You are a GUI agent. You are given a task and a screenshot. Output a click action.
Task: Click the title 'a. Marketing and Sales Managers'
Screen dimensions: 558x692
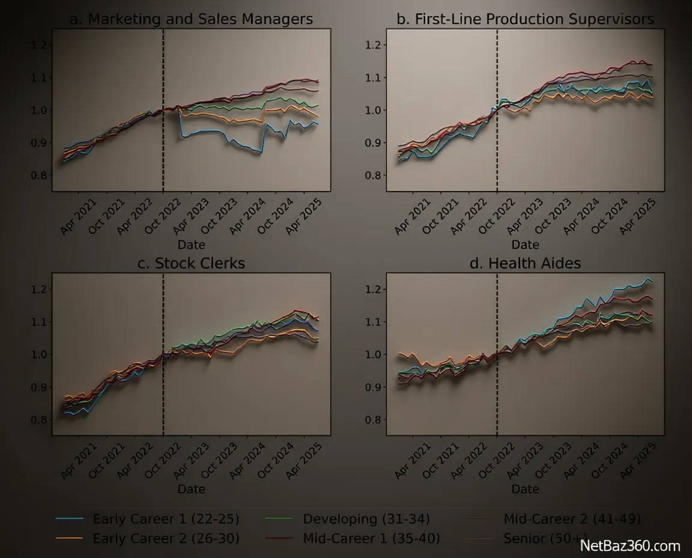[192, 19]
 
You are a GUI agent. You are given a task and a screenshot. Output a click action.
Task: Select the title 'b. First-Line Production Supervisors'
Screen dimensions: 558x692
[526, 19]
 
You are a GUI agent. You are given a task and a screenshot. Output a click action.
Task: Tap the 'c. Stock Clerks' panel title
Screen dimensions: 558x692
[192, 263]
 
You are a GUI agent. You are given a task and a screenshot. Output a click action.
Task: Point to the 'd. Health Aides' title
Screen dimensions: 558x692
[526, 263]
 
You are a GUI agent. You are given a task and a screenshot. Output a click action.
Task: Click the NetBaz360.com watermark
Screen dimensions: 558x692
[630, 546]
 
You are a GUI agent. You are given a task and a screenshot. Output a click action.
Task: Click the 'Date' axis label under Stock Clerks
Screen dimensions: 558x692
[192, 489]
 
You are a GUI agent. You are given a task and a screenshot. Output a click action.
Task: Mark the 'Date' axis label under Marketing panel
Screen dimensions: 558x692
[192, 245]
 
